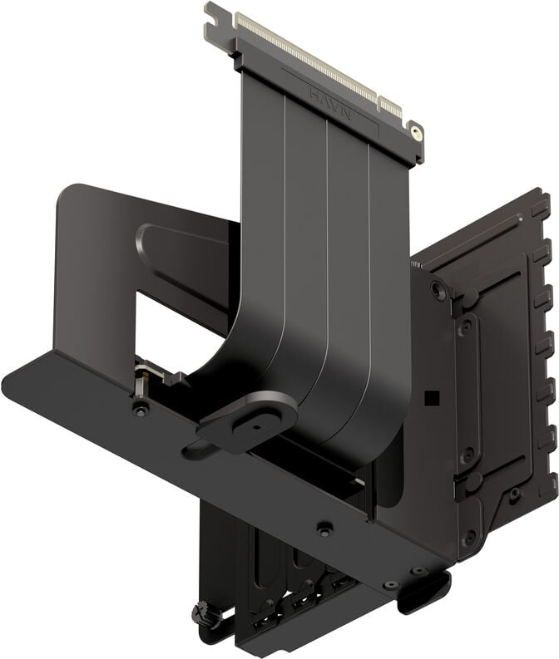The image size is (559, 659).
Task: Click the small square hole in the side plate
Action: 430,398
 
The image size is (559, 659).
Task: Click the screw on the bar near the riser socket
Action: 141,410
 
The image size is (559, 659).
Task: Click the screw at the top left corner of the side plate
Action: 438,291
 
